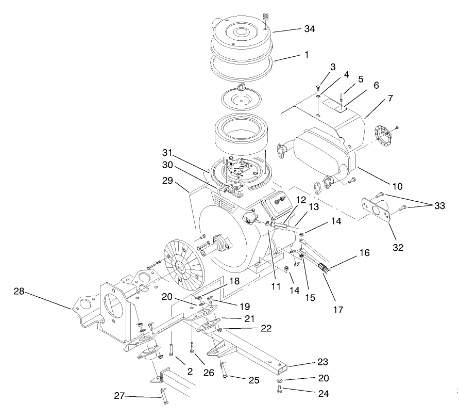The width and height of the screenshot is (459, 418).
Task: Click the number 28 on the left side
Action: point(20,292)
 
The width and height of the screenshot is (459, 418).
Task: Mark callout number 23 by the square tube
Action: point(322,362)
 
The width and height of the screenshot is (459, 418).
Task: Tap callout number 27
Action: point(120,396)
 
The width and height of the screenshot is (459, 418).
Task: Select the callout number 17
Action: point(337,310)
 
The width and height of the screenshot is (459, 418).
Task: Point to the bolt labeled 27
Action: point(164,397)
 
